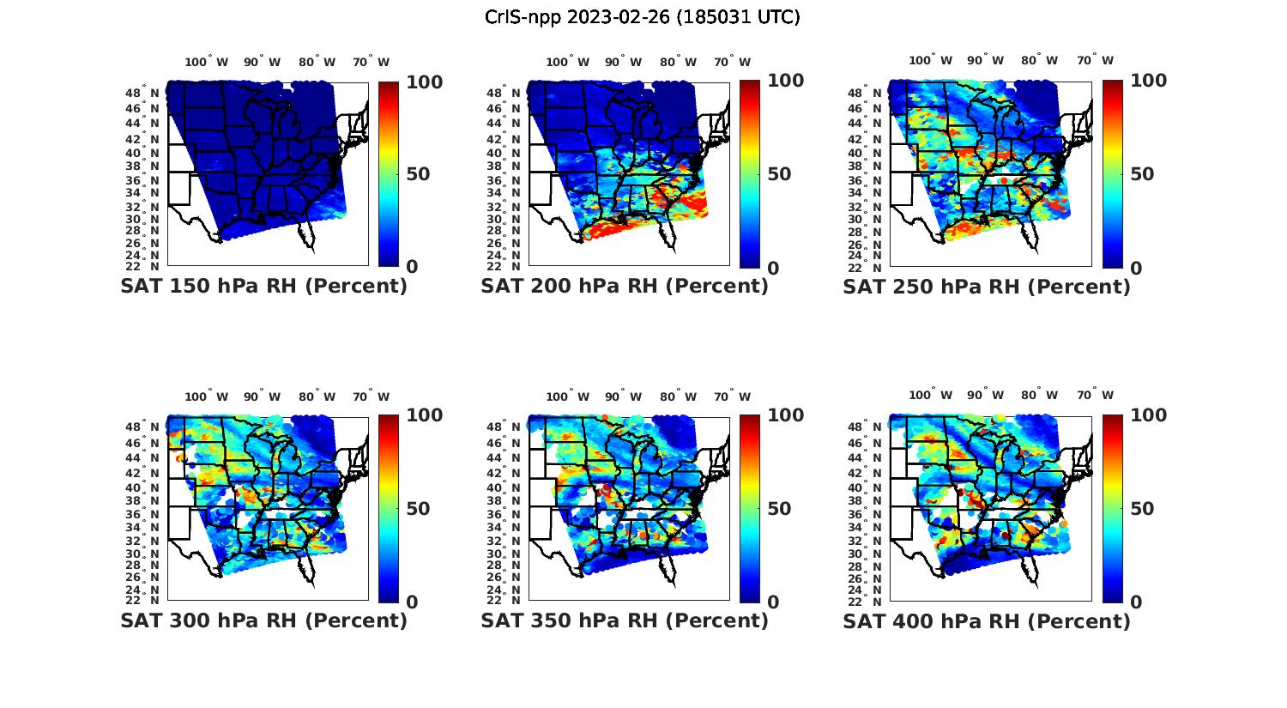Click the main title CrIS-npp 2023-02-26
pyautogui.click(x=642, y=17)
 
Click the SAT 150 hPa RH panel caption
pyautogui.click(x=263, y=287)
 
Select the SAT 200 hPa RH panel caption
pyautogui.click(x=625, y=287)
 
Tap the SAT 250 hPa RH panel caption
pyautogui.click(x=987, y=287)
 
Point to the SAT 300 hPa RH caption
pyautogui.click(x=263, y=620)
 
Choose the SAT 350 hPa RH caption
pyautogui.click(x=625, y=620)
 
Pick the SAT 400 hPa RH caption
pyautogui.click(x=987, y=620)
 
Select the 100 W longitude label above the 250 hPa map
pyautogui.click(x=930, y=60)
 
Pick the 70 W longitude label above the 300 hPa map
pyautogui.click(x=371, y=396)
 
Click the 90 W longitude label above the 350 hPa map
pyautogui.click(x=623, y=396)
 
